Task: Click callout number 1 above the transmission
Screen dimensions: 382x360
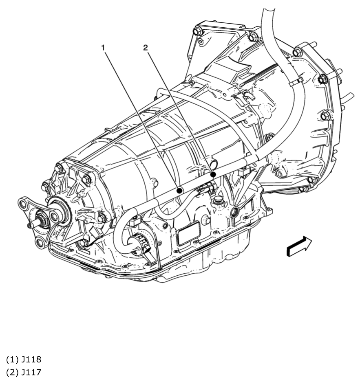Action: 103,48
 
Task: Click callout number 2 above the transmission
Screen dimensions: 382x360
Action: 146,48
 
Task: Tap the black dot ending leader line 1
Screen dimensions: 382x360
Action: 179,190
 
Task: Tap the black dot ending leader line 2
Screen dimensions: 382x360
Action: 213,174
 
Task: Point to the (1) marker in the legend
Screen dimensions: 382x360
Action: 12,360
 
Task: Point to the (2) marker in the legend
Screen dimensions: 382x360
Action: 12,372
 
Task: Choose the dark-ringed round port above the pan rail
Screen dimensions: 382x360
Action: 235,212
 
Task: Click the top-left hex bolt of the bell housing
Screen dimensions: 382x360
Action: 199,31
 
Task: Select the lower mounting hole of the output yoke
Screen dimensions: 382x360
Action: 40,243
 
